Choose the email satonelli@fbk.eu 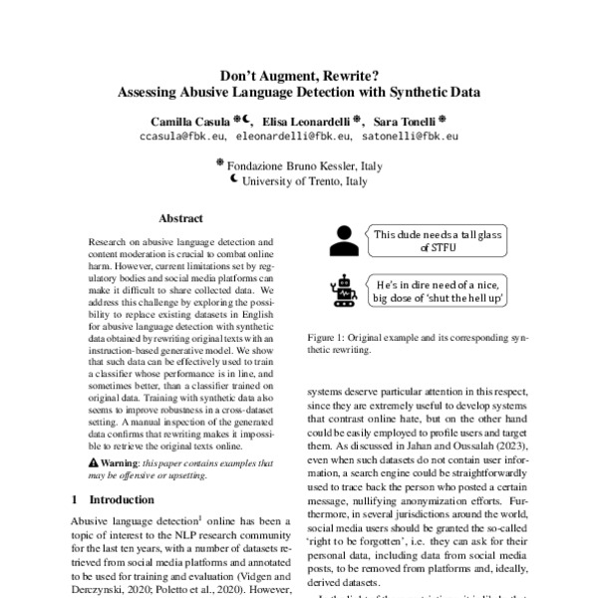point(411,135)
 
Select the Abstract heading point(180,218)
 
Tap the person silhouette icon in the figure point(344,240)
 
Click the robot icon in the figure point(344,290)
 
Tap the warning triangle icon point(93,463)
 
